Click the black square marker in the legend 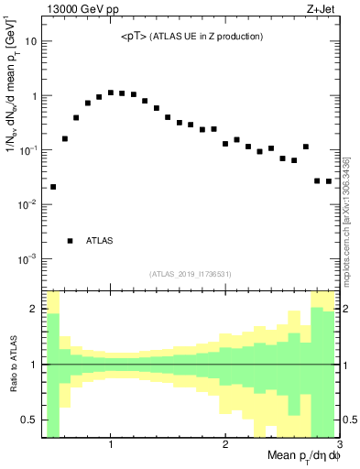click(70, 241)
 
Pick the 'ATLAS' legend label click(100, 241)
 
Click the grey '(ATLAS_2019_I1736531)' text click(190, 274)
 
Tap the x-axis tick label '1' click(111, 444)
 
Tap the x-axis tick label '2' click(225, 444)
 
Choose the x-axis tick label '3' click(338, 444)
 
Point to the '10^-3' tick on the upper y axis click(29, 258)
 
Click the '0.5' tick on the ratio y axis click(29, 420)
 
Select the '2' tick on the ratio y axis click(35, 309)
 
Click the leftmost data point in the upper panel click(53, 187)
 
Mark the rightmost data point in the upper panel click(329, 181)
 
